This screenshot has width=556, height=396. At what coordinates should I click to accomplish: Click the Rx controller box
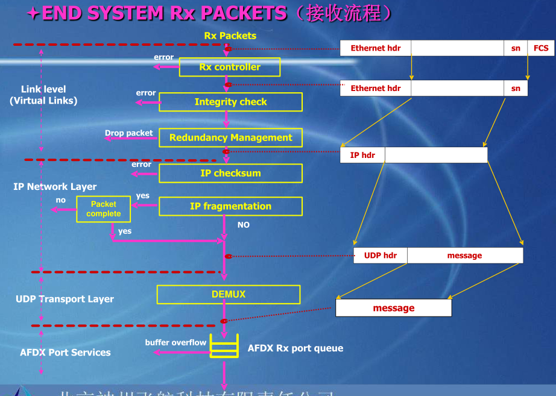(x=230, y=67)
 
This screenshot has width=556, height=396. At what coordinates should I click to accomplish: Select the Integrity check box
(x=230, y=102)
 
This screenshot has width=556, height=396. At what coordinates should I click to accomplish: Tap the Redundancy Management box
(x=230, y=137)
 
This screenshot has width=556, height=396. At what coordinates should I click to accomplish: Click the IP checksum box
(x=230, y=173)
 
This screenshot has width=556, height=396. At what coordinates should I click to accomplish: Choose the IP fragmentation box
(x=230, y=206)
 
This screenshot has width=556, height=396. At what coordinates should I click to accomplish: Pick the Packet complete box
(x=103, y=209)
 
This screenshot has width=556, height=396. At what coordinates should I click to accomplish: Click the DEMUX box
(x=229, y=295)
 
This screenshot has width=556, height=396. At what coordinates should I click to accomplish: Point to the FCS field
(x=541, y=48)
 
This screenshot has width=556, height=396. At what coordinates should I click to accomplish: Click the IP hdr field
(x=362, y=155)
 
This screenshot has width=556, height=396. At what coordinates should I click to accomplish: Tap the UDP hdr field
(x=381, y=256)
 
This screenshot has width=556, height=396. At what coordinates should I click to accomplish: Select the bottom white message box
(x=393, y=308)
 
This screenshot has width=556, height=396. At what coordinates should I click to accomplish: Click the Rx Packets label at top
(x=230, y=36)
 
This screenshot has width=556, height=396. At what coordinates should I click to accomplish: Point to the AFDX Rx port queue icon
(x=224, y=346)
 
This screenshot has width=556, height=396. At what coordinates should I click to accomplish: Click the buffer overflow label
(x=175, y=342)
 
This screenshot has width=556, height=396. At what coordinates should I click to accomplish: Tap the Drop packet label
(x=129, y=133)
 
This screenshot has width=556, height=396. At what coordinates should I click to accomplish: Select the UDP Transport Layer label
(x=65, y=299)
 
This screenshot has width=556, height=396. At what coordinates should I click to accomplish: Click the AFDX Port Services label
(x=65, y=352)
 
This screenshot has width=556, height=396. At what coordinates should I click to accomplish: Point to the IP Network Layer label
(x=55, y=187)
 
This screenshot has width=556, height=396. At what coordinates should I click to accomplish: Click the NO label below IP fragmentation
(x=243, y=225)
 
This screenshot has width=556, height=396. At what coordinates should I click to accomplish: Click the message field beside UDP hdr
(x=464, y=256)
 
